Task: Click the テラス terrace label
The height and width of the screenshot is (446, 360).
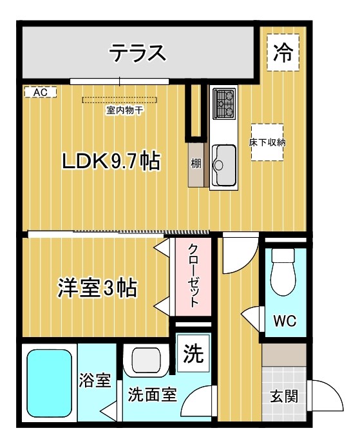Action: point(138,53)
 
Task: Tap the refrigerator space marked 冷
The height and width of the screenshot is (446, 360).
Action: point(283,52)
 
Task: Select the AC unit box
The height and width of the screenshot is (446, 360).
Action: point(41,92)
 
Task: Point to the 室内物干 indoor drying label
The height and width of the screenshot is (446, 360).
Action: point(124,110)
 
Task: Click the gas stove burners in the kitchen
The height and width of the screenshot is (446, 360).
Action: point(225,104)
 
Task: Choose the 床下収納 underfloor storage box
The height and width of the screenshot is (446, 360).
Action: point(267,142)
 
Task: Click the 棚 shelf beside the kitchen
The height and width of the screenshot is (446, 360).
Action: point(196,164)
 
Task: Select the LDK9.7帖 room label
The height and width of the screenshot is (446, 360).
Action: point(111,161)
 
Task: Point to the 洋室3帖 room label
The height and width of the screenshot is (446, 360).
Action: point(97,288)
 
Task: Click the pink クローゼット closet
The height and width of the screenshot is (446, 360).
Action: point(193,276)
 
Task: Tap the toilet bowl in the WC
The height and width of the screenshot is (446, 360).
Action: point(283,273)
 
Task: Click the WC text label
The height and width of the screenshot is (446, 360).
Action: point(285,321)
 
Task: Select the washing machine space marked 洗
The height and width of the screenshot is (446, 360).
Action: point(193,353)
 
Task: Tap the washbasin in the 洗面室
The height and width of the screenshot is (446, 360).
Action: point(147,360)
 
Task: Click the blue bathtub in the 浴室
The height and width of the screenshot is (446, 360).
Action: point(49,383)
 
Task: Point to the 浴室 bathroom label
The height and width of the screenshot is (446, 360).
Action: point(95,380)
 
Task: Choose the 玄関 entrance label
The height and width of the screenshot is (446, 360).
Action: point(284,396)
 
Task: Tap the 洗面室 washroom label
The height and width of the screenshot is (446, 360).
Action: point(152,394)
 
